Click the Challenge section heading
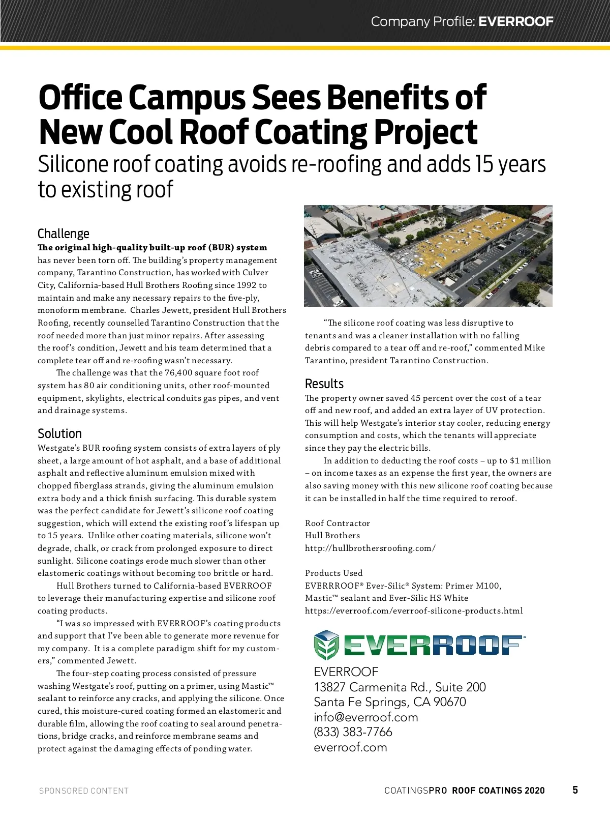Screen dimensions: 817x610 pos(63,234)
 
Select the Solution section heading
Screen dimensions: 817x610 pos(59,433)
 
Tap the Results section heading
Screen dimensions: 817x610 pos(324,384)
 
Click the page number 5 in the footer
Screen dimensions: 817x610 pos(575,790)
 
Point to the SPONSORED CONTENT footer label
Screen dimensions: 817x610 pos(84,791)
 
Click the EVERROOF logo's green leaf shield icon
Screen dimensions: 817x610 pos(326,645)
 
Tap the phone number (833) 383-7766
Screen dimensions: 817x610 pos(353,732)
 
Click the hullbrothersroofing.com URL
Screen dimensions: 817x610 pos(370,548)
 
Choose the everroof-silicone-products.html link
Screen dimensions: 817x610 pos(413,610)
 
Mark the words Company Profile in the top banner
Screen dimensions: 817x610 pos(423,21)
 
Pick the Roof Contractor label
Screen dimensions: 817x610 pos(337,523)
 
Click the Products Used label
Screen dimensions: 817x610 pos(333,573)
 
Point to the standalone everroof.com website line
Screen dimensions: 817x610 pos(350,747)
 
